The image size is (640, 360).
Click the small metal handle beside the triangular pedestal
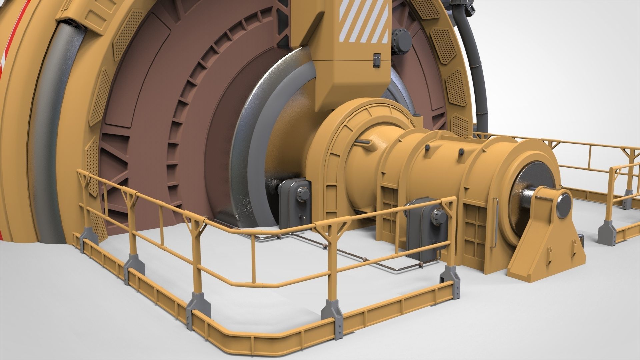pyautogui.click(x=582, y=238)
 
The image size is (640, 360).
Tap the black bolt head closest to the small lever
pyautogui.click(x=427, y=147)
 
